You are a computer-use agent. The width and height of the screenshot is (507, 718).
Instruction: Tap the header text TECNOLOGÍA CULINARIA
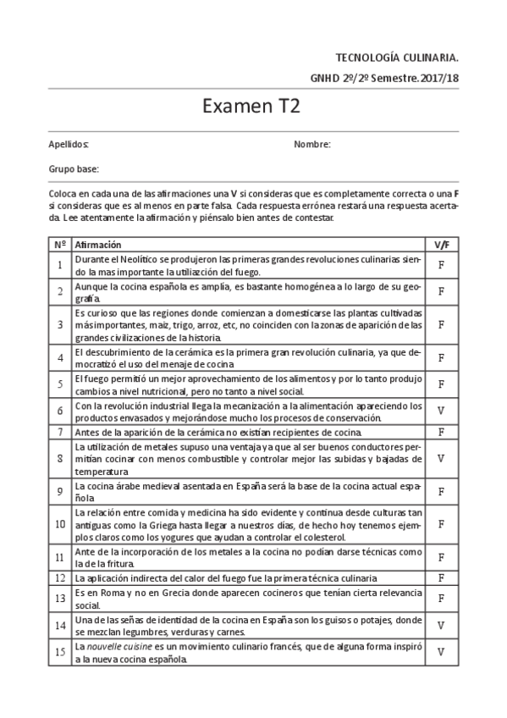coord(398,58)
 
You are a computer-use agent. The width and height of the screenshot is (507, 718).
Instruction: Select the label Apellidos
coord(69,145)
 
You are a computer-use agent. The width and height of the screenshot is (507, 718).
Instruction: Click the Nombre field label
coord(311,145)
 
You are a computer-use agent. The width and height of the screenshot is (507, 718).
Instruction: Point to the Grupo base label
coord(74,169)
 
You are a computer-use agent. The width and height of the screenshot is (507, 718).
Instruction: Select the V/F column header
coord(441,244)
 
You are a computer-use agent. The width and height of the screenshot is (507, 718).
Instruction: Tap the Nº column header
coord(60,244)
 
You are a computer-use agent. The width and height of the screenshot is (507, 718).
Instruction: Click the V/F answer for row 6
coord(441,411)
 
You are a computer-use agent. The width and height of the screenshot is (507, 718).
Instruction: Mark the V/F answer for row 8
coord(441,458)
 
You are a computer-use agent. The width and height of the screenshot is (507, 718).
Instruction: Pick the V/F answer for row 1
coord(441,265)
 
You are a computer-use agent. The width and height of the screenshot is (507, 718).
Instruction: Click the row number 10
coord(60,524)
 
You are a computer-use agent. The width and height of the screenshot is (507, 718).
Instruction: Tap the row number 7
coord(60,432)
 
